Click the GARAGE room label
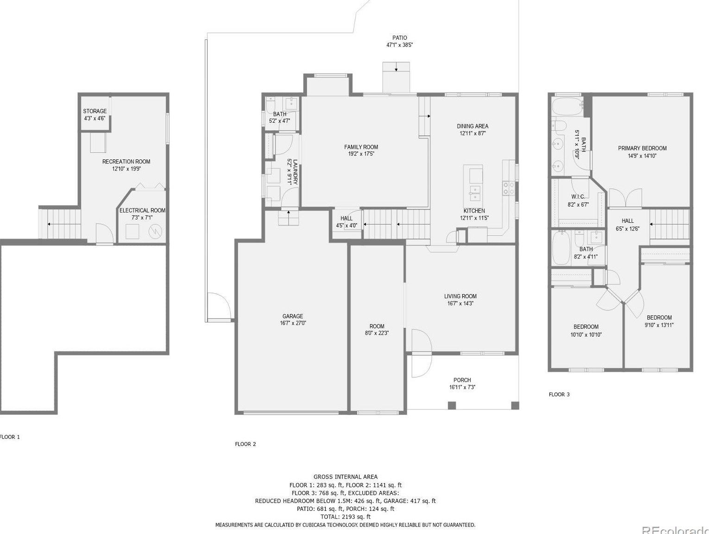[293, 316]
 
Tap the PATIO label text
[400, 38]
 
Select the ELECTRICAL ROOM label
[142, 210]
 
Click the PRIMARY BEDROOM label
[642, 148]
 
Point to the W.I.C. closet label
[578, 197]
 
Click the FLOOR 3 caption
[559, 395]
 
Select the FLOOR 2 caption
[245, 444]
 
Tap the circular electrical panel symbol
[155, 231]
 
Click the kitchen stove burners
[508, 188]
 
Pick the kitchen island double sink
[475, 193]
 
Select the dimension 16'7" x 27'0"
[293, 323]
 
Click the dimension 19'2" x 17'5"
[361, 154]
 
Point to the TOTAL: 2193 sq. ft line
[345, 516]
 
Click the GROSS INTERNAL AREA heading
[345, 477]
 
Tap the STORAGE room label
[94, 111]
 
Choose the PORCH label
[462, 380]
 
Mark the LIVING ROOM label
[460, 296]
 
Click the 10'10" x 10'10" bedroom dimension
[586, 335]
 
